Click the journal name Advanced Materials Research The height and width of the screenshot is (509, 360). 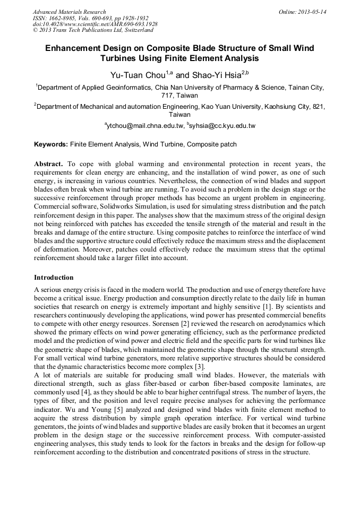(69, 12)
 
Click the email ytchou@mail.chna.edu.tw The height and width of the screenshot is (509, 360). (144, 126)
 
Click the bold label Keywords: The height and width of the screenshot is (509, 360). (51, 144)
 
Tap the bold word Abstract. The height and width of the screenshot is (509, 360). (49, 164)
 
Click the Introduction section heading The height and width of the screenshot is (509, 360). (54, 278)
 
